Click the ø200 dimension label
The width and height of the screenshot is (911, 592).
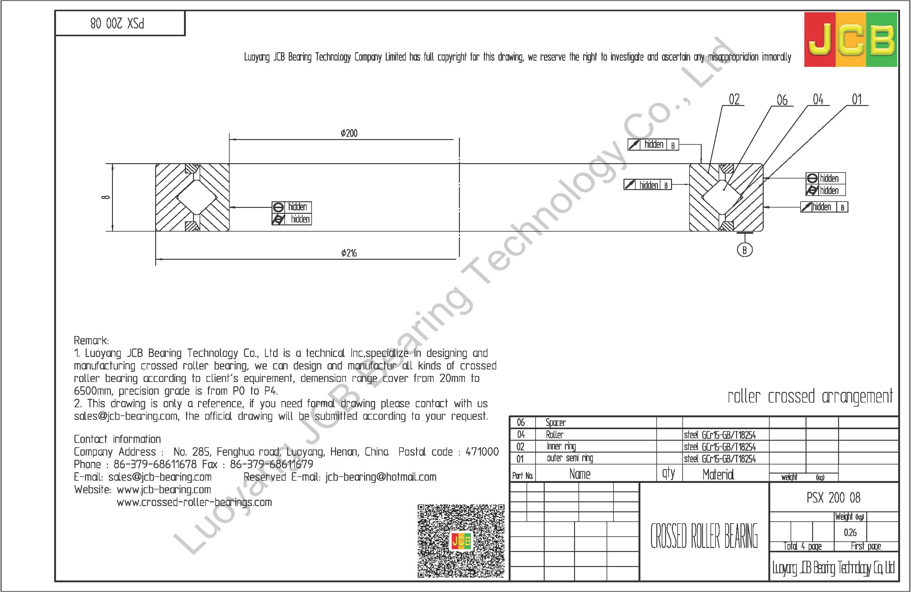349,133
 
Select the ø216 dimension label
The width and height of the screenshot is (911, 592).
349,253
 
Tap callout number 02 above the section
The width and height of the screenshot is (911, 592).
734,99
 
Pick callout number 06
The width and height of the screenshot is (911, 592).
782,100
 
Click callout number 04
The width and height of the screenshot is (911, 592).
818,99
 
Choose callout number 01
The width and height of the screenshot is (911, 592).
857,99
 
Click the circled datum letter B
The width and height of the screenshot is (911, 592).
745,250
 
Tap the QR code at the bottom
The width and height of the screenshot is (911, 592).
461,541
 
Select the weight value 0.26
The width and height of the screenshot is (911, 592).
850,532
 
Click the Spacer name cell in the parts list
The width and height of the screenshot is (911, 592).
555,423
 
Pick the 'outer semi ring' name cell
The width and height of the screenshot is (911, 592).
570,458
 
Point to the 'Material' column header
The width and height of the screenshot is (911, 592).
718,474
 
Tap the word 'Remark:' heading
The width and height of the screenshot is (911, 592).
91,340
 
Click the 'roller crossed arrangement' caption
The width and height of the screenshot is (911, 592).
810,397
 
